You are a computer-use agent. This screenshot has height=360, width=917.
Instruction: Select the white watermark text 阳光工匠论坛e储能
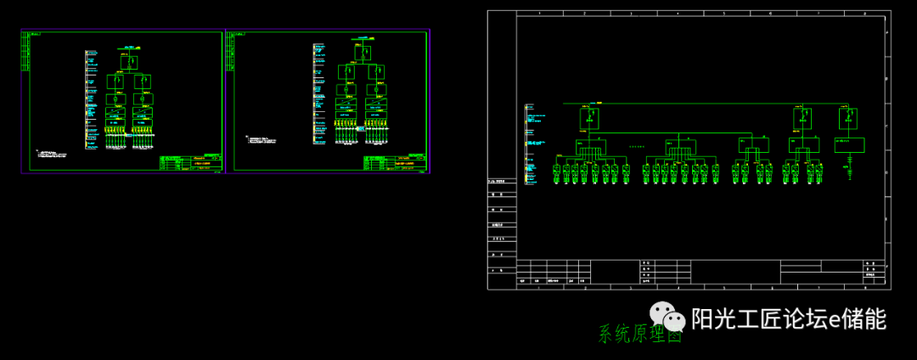(789, 319)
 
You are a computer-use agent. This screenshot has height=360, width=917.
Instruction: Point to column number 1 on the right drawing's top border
(538, 14)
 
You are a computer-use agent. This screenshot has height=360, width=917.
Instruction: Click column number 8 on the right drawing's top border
(865, 14)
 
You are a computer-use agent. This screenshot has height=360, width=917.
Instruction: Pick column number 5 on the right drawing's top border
(724, 14)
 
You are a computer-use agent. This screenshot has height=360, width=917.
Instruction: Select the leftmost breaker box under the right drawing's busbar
(588, 119)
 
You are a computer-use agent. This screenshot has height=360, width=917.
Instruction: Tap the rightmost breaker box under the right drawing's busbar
(847, 119)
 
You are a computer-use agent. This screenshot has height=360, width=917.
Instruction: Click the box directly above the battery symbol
(848, 145)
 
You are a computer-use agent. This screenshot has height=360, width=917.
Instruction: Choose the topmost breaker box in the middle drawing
(363, 53)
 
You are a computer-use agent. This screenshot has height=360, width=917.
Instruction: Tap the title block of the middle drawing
(395, 163)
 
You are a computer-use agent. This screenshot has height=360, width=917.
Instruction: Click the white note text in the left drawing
(53, 154)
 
